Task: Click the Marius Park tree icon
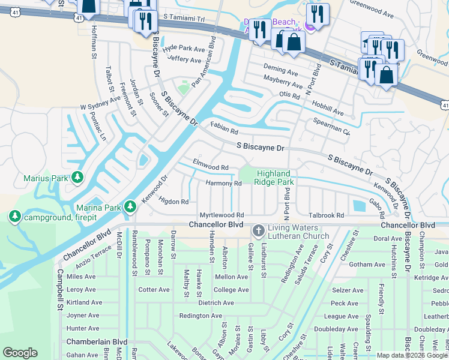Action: pos(77,178)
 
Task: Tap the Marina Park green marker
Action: pos(130,208)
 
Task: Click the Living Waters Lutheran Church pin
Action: pos(258,230)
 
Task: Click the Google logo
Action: pos(21,352)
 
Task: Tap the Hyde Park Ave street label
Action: pos(183,47)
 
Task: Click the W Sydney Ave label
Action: pos(101,103)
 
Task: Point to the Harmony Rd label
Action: pos(223,183)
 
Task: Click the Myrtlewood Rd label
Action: pos(221,215)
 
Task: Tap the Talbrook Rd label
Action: pos(326,215)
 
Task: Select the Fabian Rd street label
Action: pos(224,128)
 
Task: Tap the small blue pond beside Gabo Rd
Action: pos(359,206)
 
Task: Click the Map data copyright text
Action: pos(411,355)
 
